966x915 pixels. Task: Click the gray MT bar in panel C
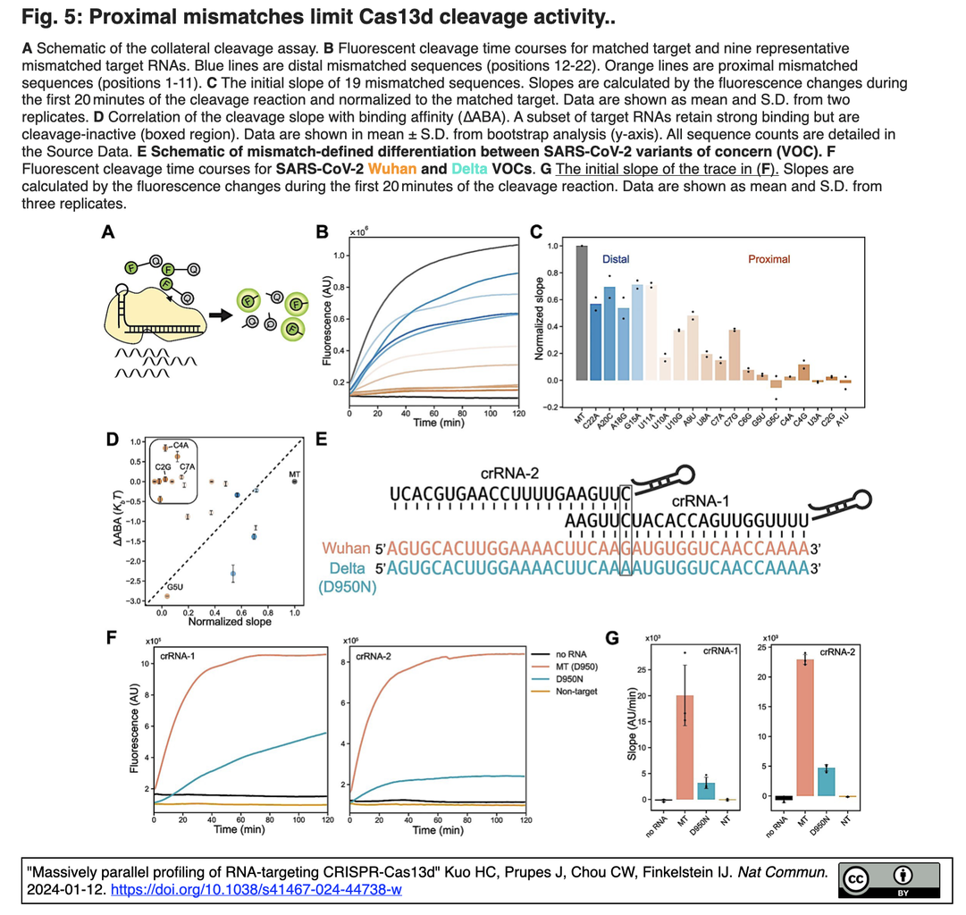[581, 313]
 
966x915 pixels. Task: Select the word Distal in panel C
[615, 259]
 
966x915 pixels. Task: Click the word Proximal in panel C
[769, 259]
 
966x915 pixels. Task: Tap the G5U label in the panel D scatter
[175, 587]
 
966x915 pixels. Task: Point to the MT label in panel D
[294, 474]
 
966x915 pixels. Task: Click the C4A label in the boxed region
[181, 444]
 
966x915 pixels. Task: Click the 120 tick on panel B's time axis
[517, 416]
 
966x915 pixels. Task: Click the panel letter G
[612, 638]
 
